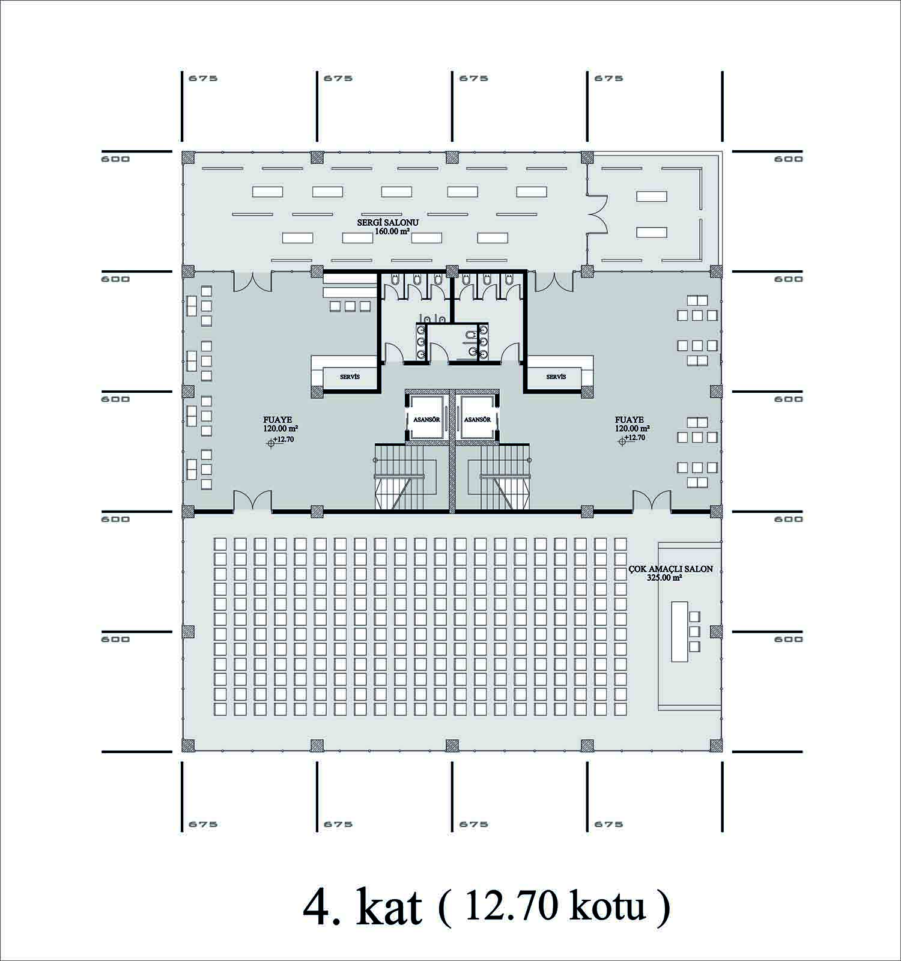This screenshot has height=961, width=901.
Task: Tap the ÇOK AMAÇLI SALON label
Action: pyautogui.click(x=671, y=569)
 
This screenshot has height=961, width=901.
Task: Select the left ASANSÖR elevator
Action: pyautogui.click(x=426, y=419)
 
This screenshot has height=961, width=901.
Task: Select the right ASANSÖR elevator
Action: pyautogui.click(x=478, y=419)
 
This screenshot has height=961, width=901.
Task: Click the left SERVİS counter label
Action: pyautogui.click(x=350, y=377)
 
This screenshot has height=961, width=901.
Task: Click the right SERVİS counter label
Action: pyautogui.click(x=556, y=377)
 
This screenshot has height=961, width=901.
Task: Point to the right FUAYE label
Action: pyautogui.click(x=629, y=420)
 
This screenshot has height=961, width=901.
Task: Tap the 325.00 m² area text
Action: pyautogui.click(x=664, y=578)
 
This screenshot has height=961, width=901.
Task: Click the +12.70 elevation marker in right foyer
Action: pyautogui.click(x=632, y=439)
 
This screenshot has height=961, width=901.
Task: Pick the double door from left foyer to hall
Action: pyautogui.click(x=252, y=501)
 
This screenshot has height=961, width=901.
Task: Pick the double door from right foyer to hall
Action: pyautogui.click(x=651, y=501)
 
